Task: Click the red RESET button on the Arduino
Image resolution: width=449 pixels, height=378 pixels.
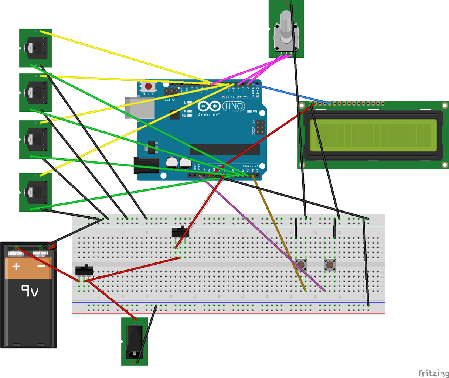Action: (148, 87)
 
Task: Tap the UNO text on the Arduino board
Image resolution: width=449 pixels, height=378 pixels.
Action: (234, 106)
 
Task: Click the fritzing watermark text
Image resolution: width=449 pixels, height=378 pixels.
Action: (433, 373)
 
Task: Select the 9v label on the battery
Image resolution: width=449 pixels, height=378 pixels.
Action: (30, 291)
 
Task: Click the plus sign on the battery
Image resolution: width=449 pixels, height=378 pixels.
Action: (16, 266)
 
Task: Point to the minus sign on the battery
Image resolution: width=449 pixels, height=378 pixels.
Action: (41, 266)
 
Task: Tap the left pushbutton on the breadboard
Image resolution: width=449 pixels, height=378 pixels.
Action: (301, 264)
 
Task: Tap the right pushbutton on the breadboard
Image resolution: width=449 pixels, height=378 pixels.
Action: (330, 265)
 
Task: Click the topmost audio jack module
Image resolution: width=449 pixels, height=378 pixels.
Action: (35, 48)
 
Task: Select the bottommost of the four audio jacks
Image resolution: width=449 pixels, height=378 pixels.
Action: (35, 192)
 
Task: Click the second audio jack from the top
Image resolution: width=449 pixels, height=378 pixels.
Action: (35, 93)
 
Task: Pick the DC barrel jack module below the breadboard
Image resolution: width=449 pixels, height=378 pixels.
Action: (134, 341)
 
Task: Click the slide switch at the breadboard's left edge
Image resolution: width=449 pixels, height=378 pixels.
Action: (84, 270)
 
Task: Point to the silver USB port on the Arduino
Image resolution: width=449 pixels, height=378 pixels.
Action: (139, 108)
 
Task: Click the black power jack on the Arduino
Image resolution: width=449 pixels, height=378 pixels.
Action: (146, 165)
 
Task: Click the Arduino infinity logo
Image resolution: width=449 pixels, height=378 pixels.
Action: (209, 106)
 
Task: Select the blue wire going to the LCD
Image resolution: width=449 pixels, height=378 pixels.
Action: (292, 94)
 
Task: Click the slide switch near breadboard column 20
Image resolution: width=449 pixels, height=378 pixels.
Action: (180, 232)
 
